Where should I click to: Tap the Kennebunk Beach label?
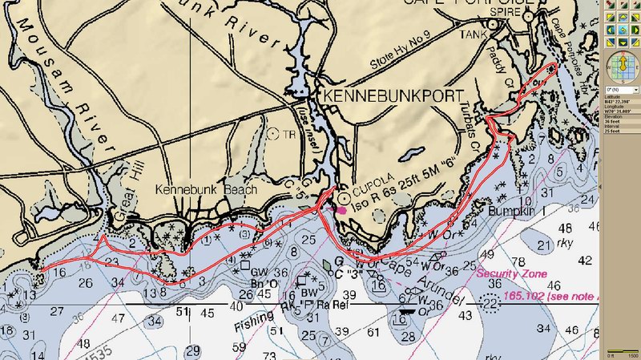click(207, 190)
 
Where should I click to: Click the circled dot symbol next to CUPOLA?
click(345, 195)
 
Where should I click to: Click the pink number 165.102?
click(526, 296)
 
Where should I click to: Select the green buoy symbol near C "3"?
click(325, 263)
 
